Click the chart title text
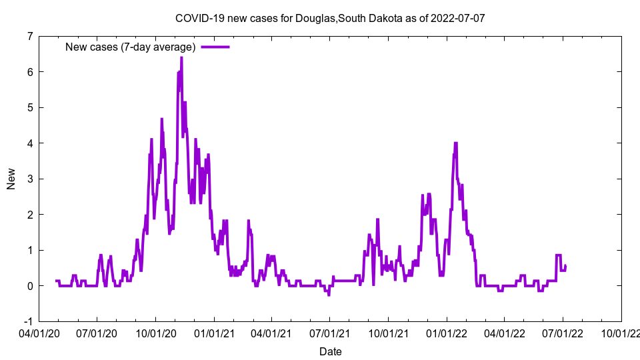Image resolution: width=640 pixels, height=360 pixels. click(x=329, y=18)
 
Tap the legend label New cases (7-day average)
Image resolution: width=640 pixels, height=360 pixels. click(x=130, y=47)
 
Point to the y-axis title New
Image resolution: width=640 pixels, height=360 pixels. click(x=11, y=179)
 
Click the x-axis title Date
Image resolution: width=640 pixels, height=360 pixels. click(x=331, y=351)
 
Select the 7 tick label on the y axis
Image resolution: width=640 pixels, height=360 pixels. click(x=30, y=36)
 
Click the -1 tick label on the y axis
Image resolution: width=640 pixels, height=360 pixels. click(x=28, y=321)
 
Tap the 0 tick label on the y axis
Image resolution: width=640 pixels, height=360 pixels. click(x=30, y=286)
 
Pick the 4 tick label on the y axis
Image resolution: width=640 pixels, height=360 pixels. click(x=30, y=143)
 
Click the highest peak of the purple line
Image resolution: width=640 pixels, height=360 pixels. click(x=181, y=58)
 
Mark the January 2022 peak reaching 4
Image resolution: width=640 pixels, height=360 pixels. click(x=455, y=143)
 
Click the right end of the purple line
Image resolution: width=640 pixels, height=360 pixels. click(x=565, y=266)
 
